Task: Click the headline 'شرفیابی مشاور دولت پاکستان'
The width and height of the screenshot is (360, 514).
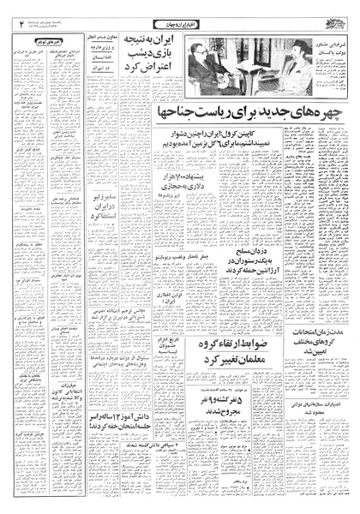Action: pyautogui.click(x=324, y=46)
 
